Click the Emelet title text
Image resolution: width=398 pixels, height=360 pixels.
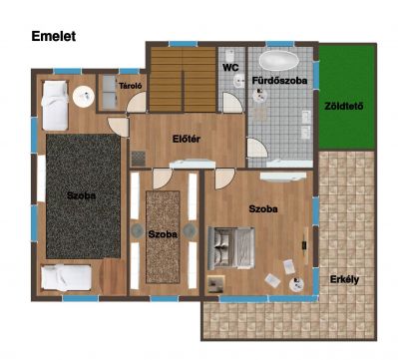point(54,36)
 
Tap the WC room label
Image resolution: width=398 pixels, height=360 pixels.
point(230,68)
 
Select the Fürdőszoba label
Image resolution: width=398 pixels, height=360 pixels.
point(279,81)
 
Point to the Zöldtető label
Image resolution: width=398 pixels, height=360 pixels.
point(344,107)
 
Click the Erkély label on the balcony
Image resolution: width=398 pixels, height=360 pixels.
point(344,279)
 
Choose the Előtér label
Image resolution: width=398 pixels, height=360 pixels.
point(187,139)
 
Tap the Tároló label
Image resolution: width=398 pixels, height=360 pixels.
point(131,86)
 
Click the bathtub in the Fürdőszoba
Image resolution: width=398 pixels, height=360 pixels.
point(278,61)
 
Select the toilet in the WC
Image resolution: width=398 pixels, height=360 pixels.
point(229,54)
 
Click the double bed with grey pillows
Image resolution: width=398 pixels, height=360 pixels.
point(231,248)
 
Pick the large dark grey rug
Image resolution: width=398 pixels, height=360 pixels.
point(83,196)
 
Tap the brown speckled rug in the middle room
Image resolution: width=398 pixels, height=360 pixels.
point(163,237)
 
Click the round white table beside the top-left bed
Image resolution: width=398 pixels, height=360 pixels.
point(84,97)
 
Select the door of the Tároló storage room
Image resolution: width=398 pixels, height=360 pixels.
point(137,103)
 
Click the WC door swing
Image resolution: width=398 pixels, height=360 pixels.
point(232,103)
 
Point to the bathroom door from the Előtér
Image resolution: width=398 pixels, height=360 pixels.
point(256,148)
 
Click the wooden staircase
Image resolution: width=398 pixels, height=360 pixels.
point(183,80)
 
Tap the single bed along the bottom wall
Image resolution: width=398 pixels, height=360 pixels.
point(67,278)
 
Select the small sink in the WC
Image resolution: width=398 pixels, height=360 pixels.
point(239,81)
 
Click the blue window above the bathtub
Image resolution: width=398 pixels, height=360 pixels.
point(280,44)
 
